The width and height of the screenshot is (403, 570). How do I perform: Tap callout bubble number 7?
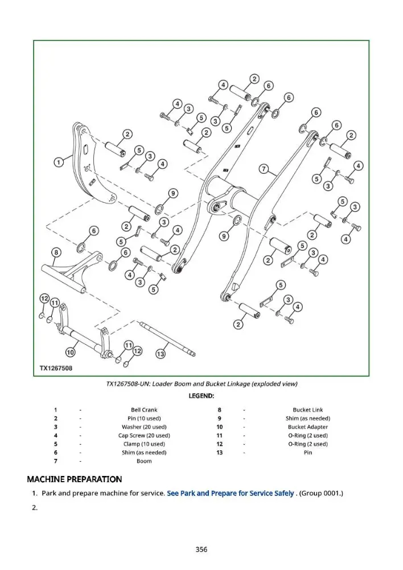pos(264,169)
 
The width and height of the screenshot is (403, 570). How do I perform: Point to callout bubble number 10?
pos(70,352)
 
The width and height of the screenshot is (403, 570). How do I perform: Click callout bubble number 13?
pos(161,354)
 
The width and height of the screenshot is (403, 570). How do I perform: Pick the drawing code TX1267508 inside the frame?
pos(56,368)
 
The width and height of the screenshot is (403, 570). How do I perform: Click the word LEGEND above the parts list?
pos(201,396)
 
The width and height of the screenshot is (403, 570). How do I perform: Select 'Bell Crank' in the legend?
pos(144,410)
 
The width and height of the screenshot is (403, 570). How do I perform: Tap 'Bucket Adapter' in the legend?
pos(308,427)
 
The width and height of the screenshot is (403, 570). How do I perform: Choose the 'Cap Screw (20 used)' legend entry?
pos(144,435)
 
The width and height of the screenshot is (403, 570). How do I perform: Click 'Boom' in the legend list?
pos(144,461)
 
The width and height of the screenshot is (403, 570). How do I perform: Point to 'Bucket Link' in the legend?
pos(308,410)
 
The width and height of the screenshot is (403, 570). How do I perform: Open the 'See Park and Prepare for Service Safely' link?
pos(230,493)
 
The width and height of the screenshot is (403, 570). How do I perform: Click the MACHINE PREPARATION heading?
pos(75,479)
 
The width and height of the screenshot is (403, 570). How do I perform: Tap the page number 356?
pos(201,549)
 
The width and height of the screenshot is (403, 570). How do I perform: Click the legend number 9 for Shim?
pos(219,418)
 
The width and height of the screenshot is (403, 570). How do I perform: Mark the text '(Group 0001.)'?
pos(321,493)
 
